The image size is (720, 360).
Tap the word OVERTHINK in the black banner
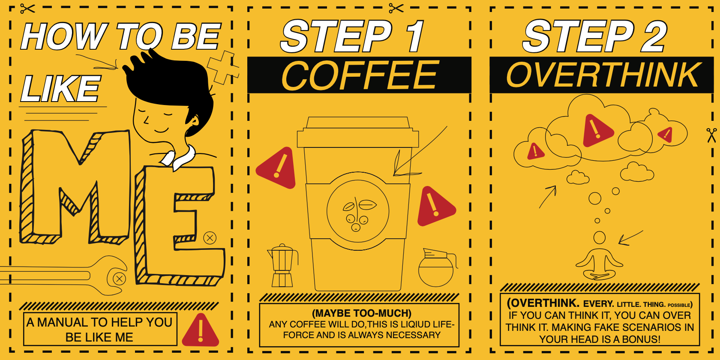coord(603,75)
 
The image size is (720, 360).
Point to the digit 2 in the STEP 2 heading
coord(654,36)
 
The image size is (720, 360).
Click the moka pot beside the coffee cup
coord(282,266)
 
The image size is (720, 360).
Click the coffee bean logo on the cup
coord(358,211)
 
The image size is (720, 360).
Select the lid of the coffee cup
coord(358,132)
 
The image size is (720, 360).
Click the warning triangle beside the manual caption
coord(201,330)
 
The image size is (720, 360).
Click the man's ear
coord(194,121)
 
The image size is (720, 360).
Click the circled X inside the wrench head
coord(119,279)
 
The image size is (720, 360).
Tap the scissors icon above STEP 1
coord(396,8)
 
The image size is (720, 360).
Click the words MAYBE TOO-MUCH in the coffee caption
coord(362,313)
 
